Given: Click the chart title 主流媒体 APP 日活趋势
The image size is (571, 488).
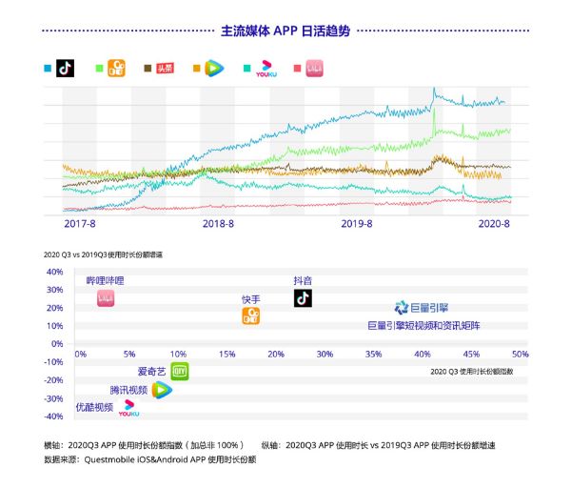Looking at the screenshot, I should (285, 30).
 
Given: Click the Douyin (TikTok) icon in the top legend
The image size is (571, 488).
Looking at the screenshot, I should (65, 68).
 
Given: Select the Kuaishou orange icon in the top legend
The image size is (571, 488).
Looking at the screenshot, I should (117, 68).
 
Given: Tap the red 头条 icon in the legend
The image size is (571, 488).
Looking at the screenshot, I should (166, 68).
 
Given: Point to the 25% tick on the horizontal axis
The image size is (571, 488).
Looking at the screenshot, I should (275, 354).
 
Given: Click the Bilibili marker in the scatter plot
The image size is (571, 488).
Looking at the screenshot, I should (106, 299).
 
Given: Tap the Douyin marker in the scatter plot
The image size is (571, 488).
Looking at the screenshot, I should (303, 298).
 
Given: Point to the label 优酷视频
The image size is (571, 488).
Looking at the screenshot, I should (94, 407).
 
